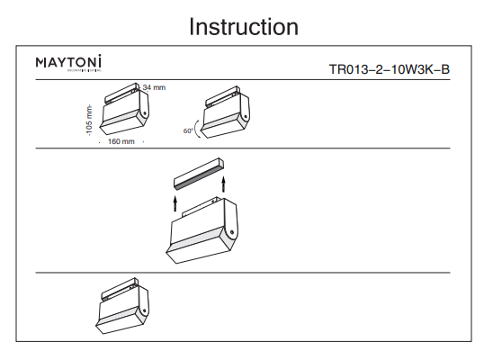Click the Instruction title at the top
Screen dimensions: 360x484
243,27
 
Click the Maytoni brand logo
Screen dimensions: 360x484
68,63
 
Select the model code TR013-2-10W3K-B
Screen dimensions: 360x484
389,68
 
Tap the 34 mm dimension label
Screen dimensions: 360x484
155,87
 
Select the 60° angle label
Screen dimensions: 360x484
188,131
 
